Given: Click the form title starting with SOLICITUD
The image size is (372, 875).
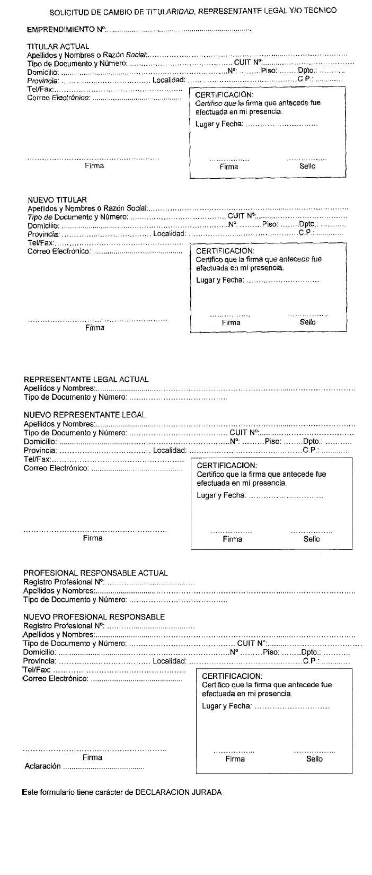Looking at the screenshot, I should [x=193, y=11].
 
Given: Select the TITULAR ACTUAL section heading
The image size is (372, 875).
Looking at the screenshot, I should [x=58, y=47].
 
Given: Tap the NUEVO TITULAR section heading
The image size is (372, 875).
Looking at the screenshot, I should [x=57, y=200].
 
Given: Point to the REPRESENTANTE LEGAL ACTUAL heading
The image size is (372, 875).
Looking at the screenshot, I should [x=86, y=379].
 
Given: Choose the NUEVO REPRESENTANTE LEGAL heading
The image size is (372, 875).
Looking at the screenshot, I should [x=84, y=415].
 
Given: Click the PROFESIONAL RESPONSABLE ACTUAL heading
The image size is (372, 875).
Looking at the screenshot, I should [x=95, y=573].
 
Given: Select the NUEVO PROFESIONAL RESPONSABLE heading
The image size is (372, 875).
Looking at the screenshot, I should [x=94, y=617].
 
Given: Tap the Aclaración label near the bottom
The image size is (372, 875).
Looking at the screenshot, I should [x=42, y=766].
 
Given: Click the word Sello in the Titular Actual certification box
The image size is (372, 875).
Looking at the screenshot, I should [x=307, y=166].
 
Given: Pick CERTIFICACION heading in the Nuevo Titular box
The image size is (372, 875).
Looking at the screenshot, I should [x=225, y=251].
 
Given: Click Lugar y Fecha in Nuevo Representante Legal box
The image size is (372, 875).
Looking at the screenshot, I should [x=221, y=495].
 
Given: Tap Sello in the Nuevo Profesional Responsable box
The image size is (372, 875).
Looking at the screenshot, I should [x=314, y=759].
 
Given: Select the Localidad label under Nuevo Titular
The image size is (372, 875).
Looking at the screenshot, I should [x=169, y=233].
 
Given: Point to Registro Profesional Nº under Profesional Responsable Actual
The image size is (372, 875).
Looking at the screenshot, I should [x=64, y=582].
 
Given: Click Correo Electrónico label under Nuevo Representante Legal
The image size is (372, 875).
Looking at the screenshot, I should [x=56, y=468].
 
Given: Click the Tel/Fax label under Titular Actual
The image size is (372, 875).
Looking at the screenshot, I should [x=40, y=89].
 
